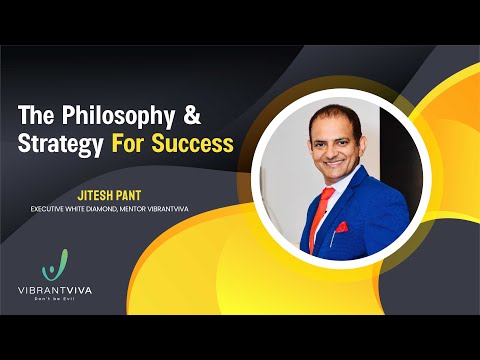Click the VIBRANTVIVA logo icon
tap(56, 267)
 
